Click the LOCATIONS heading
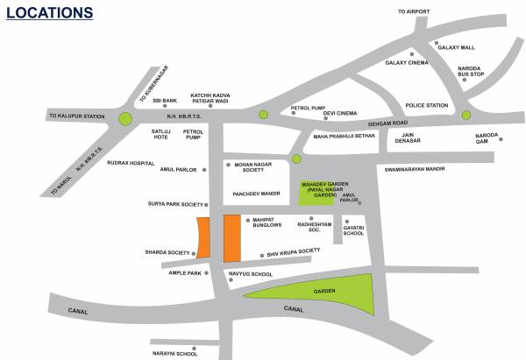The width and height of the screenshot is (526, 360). (49, 13)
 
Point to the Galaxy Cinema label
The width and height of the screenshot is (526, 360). (406, 62)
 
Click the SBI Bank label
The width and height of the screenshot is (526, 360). (165, 101)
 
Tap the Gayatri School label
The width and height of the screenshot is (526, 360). (354, 229)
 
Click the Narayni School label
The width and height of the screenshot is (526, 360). (175, 353)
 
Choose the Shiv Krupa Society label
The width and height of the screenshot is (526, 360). (293, 251)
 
